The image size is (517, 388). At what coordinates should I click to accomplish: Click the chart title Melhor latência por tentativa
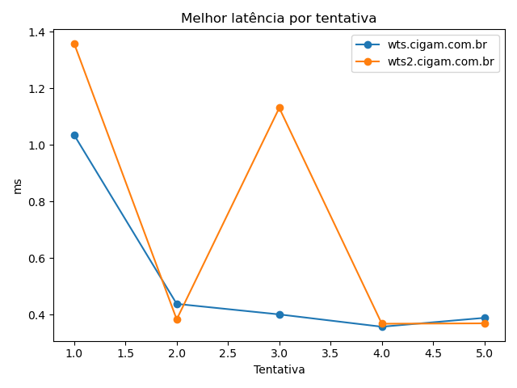click(x=279, y=19)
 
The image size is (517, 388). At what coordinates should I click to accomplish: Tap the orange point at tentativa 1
click(x=74, y=44)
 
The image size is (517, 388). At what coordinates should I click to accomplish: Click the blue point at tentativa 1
click(x=74, y=135)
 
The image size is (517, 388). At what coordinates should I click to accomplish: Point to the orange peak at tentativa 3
click(x=280, y=108)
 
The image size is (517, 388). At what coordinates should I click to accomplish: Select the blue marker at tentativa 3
click(x=280, y=314)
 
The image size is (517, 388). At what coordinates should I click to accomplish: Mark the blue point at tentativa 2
click(x=177, y=304)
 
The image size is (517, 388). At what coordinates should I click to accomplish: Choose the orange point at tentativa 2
click(x=177, y=319)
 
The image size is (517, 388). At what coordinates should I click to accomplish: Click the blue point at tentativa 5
click(x=485, y=318)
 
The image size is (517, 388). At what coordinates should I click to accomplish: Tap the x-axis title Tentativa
click(x=279, y=369)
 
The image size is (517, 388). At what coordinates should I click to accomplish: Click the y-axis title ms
click(x=18, y=186)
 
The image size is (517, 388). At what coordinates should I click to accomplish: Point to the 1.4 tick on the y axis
click(x=38, y=32)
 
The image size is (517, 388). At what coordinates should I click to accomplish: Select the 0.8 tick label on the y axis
click(x=38, y=202)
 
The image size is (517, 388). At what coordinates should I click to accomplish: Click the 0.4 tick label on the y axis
click(x=38, y=315)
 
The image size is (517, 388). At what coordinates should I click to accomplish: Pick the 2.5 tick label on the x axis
click(x=228, y=353)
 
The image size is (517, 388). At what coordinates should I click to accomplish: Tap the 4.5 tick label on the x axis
click(x=433, y=353)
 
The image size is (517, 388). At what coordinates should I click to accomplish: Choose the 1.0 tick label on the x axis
click(x=74, y=353)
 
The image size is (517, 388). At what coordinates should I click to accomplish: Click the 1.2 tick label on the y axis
click(x=38, y=89)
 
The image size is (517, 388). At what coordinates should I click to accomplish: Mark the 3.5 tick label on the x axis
click(x=330, y=353)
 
